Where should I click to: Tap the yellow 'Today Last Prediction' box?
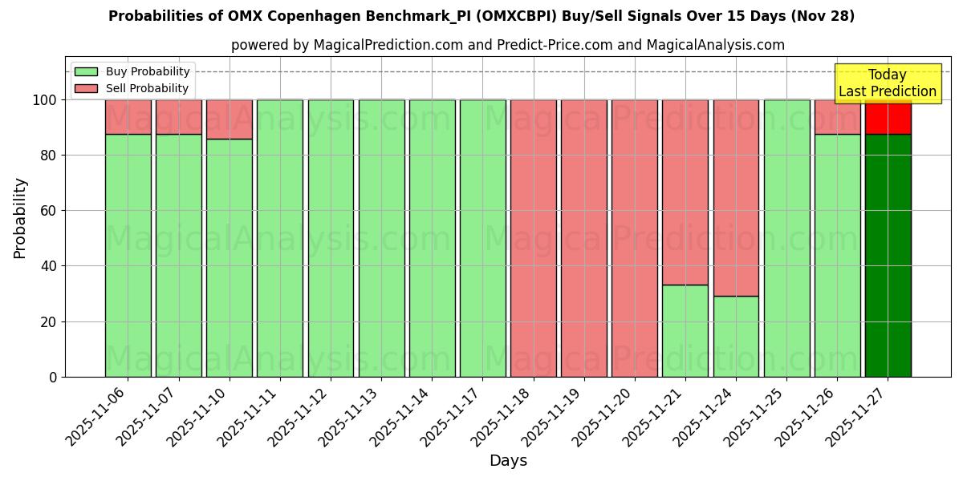coord(887,83)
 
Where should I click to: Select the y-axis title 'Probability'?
coord(20,218)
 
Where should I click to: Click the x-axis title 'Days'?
coord(508,461)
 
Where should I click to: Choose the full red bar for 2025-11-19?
coord(583,238)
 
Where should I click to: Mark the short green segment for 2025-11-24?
coord(736,336)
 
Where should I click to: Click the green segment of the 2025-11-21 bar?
coord(685,330)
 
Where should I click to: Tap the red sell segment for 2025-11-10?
coord(229,119)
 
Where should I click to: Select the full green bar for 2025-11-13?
coord(381,238)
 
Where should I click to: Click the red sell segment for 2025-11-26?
coord(837,117)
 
